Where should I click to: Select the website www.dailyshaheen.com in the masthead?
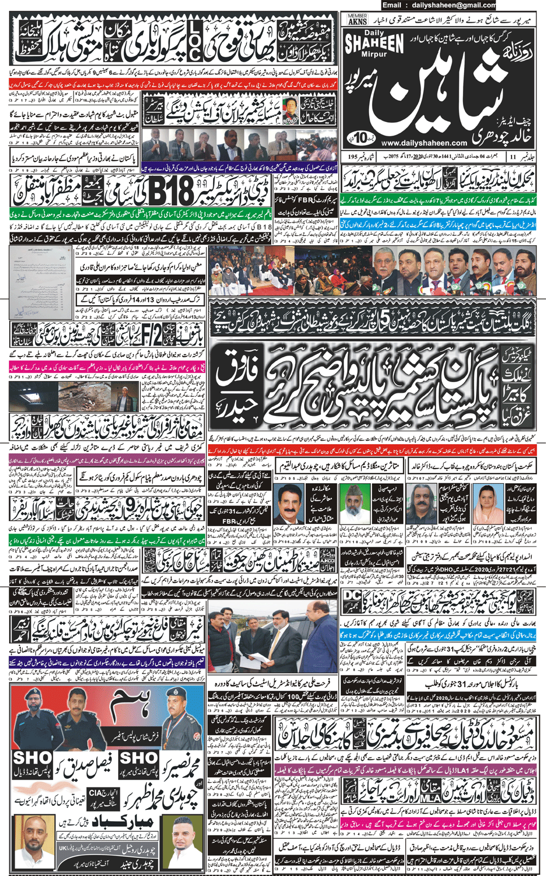click(424, 143)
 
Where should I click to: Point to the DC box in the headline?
click(352, 596)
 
